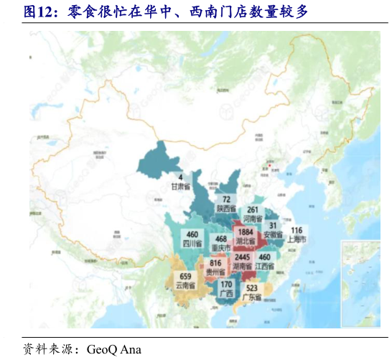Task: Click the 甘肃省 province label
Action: tap(181, 186)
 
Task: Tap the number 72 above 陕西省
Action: tap(226, 199)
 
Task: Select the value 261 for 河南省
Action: tap(252, 210)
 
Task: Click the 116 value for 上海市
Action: tap(297, 231)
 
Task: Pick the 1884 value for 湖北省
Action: tap(246, 233)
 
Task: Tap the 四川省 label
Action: tap(192, 244)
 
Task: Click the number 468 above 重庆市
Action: tap(221, 239)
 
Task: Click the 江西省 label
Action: tap(265, 266)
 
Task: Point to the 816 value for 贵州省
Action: tap(215, 264)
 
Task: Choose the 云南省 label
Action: tap(185, 285)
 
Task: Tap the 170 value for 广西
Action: tap(225, 285)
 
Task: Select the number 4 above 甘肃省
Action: tap(181, 177)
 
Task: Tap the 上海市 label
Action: tap(297, 239)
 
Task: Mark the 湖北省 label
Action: tap(246, 241)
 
